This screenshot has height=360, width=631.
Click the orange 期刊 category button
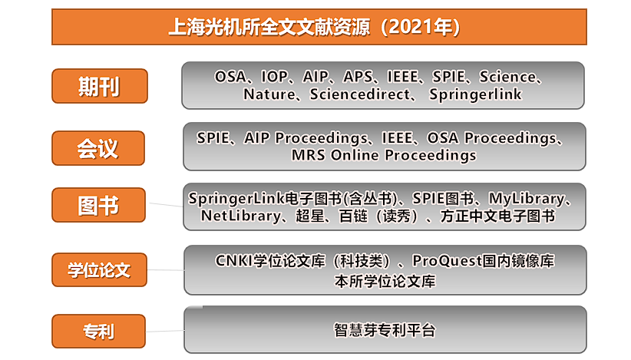tap(100, 86)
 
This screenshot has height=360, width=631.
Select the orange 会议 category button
tap(98, 148)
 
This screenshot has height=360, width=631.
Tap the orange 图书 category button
tap(98, 205)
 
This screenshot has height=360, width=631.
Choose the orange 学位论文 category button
tap(99, 270)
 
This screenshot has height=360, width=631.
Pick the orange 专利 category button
tap(98, 331)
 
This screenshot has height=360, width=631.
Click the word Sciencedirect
tap(360, 94)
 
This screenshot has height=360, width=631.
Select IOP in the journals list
tap(275, 77)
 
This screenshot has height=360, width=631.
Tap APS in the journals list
tap(358, 77)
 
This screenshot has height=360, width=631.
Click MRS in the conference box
tap(308, 155)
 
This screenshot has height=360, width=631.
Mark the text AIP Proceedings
tap(306, 138)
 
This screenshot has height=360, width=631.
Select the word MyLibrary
tap(527, 199)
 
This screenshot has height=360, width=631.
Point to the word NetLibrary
tap(240, 216)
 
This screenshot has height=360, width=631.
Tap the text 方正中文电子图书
tap(497, 216)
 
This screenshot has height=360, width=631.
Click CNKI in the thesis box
tap(233, 261)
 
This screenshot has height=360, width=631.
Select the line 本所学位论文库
tap(385, 281)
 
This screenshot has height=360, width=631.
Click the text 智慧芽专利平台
tap(385, 330)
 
